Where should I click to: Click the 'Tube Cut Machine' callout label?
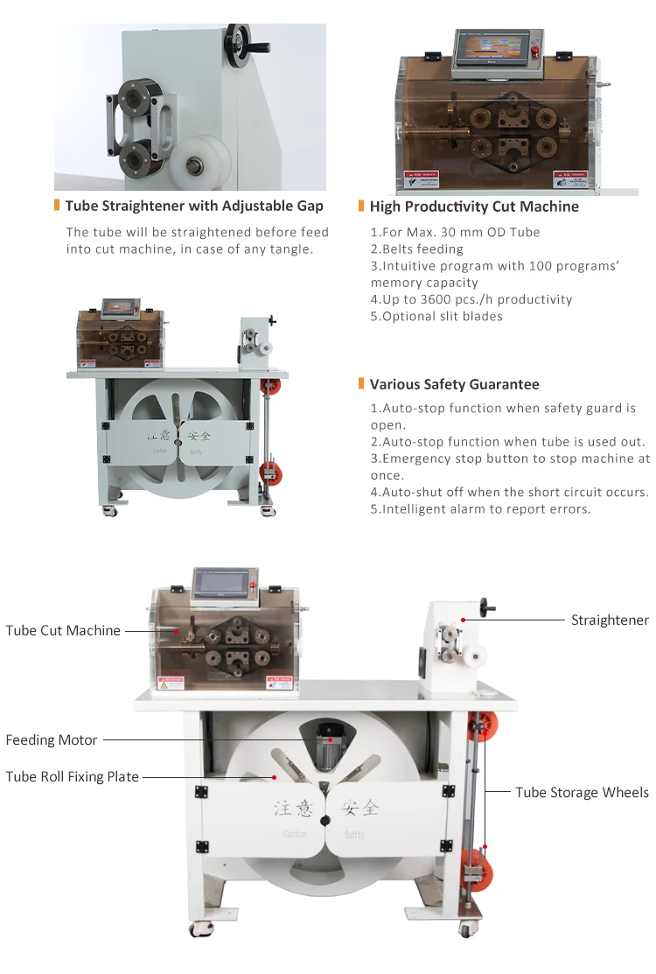63,630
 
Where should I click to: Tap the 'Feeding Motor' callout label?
52,740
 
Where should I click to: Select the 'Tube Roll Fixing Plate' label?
72,776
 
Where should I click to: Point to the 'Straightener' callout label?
610,620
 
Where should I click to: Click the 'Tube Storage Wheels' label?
582,792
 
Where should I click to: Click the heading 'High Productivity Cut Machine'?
474,207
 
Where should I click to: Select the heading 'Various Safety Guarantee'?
454,384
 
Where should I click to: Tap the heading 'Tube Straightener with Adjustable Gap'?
194,206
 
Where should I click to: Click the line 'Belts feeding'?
417,249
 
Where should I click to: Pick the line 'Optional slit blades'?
436,316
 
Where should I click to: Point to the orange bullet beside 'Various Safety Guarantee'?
361,384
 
